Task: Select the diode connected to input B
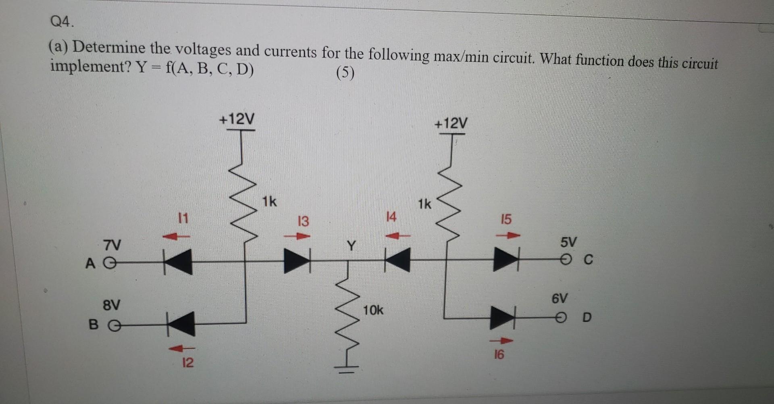(x=181, y=324)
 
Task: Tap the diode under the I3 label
(x=297, y=261)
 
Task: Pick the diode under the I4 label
(x=397, y=260)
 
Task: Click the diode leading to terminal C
(x=506, y=259)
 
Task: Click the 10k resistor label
(x=373, y=310)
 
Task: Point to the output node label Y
(x=352, y=245)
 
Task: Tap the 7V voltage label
(x=112, y=245)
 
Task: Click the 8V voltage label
(x=111, y=304)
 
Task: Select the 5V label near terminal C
(x=568, y=242)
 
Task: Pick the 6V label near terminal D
(x=560, y=299)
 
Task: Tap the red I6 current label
(x=499, y=355)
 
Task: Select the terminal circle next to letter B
(x=114, y=325)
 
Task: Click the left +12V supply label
(x=237, y=119)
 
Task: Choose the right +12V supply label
(x=451, y=123)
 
